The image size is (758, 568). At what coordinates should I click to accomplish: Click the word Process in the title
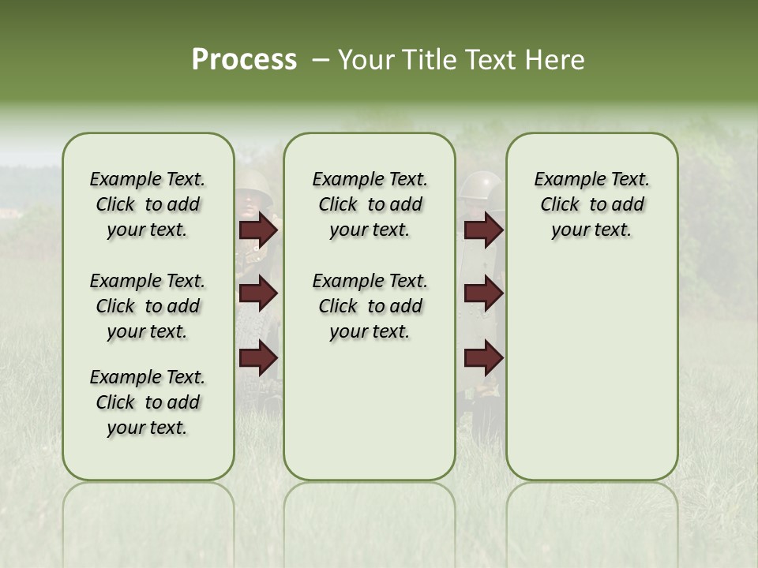[244, 60]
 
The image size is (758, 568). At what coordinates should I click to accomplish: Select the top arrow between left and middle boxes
[258, 230]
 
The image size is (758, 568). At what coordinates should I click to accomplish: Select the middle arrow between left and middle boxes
[258, 294]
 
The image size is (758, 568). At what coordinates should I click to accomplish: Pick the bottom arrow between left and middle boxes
[258, 358]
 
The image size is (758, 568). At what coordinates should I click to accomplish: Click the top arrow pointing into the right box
[484, 230]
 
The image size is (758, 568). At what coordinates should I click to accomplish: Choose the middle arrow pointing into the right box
[484, 294]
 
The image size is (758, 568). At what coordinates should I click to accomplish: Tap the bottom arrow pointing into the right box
[484, 358]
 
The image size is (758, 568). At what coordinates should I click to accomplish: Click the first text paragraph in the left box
[148, 204]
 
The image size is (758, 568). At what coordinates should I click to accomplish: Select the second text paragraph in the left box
[148, 306]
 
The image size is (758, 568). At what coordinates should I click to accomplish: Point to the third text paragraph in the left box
[148, 402]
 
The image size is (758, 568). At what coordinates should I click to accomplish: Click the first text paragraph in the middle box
[370, 204]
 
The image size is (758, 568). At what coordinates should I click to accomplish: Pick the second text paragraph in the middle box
[370, 306]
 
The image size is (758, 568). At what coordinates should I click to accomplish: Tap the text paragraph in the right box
[591, 204]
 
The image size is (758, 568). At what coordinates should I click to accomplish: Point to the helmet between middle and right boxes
[481, 185]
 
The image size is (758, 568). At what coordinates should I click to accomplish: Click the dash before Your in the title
[321, 60]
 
